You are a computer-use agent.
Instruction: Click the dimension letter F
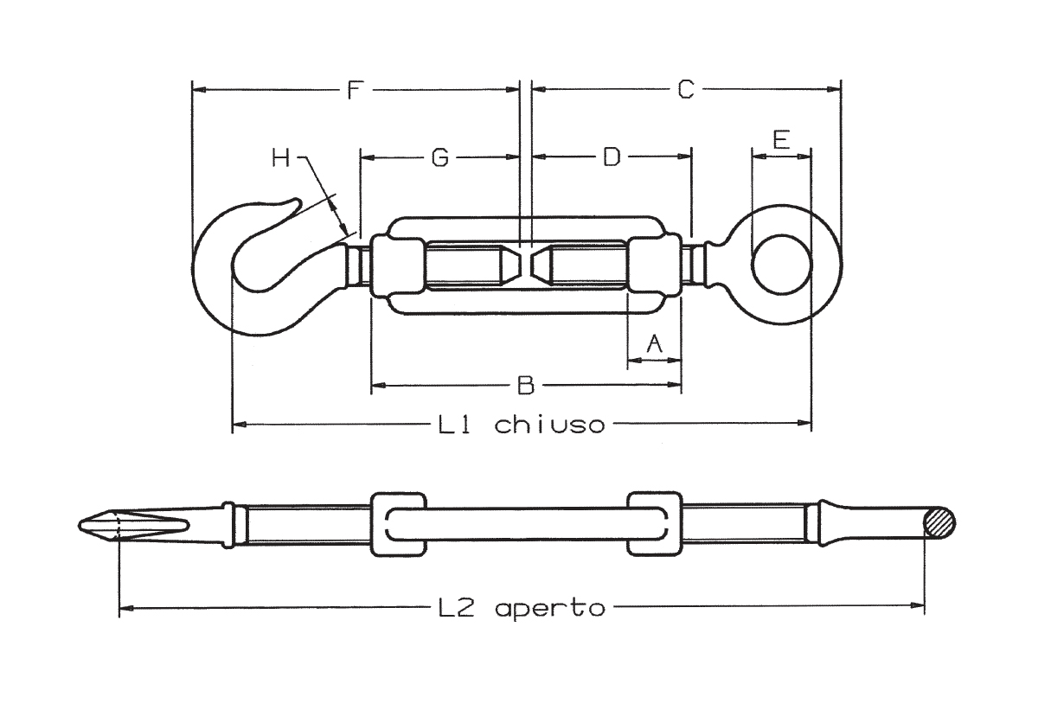pyautogui.click(x=355, y=90)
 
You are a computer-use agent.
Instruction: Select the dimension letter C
pyautogui.click(x=686, y=90)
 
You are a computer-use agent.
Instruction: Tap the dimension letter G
pyautogui.click(x=440, y=157)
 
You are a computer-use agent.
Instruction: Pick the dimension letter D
pyautogui.click(x=612, y=157)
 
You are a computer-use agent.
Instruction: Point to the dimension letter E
pyautogui.click(x=781, y=140)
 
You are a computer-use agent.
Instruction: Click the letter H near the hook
pyautogui.click(x=281, y=158)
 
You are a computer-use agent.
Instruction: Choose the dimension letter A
pyautogui.click(x=654, y=343)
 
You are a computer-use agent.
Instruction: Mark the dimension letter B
pyautogui.click(x=526, y=385)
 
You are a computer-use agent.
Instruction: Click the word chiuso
pyautogui.click(x=549, y=425)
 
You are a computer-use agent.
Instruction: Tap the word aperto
pyautogui.click(x=550, y=609)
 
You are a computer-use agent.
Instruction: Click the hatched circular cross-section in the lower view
pyautogui.click(x=939, y=523)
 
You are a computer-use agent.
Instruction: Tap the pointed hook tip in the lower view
pyautogui.click(x=80, y=525)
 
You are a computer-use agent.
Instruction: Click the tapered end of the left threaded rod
pyautogui.click(x=510, y=265)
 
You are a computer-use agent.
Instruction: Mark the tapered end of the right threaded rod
pyautogui.click(x=542, y=265)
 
